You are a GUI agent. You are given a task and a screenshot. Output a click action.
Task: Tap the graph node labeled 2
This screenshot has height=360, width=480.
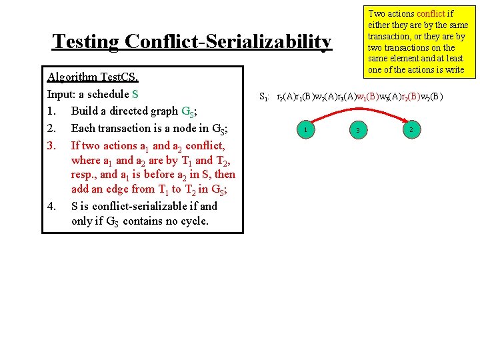pos(413,129)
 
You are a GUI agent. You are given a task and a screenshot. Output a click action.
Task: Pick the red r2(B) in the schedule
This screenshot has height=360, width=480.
pos(411,96)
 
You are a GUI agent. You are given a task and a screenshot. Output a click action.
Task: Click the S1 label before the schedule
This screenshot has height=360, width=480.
pos(263,97)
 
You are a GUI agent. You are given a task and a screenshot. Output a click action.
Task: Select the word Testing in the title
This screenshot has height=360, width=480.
pos(86,41)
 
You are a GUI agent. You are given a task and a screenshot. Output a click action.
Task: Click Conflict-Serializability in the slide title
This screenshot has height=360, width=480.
pos(227,41)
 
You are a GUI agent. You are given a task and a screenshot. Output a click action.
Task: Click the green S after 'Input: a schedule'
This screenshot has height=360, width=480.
pos(135,93)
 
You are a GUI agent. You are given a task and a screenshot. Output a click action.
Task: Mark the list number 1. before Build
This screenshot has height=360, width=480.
pos(52,111)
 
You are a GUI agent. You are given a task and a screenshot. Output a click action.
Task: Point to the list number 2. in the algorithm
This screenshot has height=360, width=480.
pos(52,128)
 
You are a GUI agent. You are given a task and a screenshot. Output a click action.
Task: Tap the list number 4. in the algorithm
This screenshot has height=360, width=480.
pos(52,206)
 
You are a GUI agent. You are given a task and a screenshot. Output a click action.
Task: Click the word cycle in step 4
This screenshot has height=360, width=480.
pos(191,221)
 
